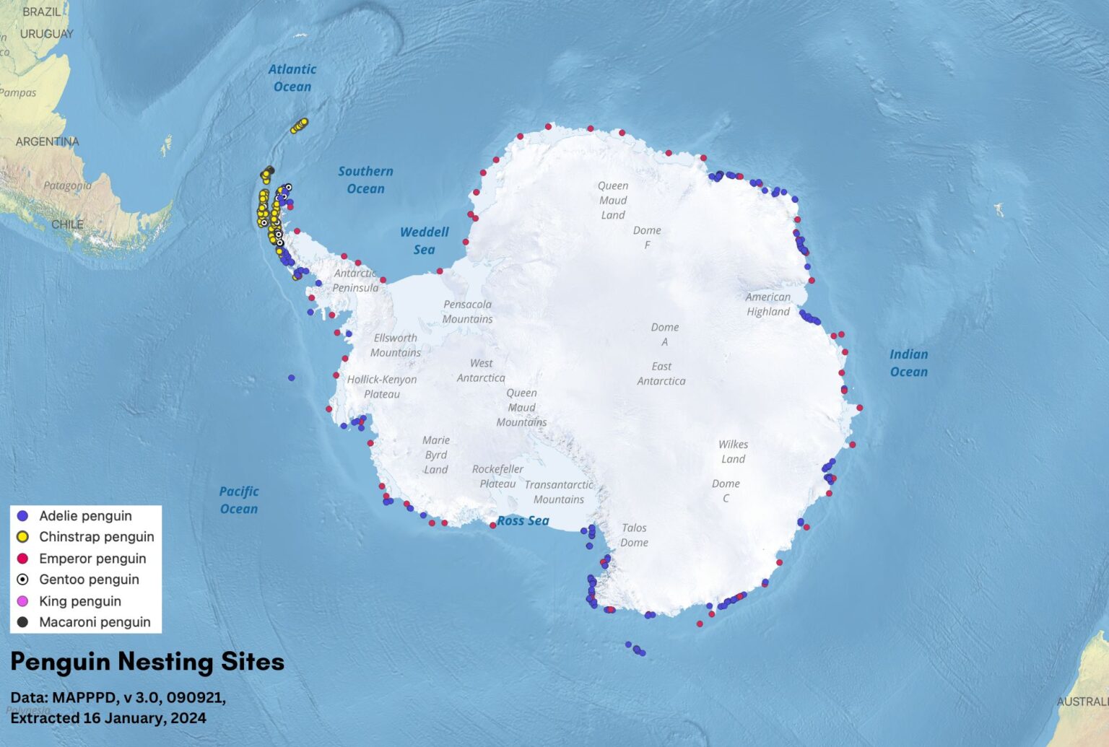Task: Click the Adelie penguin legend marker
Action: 22,516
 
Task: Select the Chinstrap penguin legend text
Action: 96,537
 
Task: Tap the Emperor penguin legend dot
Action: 22,559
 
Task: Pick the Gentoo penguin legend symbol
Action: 22,580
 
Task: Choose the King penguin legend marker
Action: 22,601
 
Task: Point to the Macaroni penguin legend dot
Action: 22,622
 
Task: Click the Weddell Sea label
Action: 425,240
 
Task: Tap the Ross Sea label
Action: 523,521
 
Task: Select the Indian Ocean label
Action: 908,363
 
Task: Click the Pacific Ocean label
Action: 239,500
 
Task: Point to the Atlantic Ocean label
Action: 292,78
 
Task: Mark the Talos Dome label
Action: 634,536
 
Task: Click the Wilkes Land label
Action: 733,452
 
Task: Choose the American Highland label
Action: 768,305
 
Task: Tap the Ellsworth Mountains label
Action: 396,345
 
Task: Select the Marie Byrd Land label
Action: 436,455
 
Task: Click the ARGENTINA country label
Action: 48,141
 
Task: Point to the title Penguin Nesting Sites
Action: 147,662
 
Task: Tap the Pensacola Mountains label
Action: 467,312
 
